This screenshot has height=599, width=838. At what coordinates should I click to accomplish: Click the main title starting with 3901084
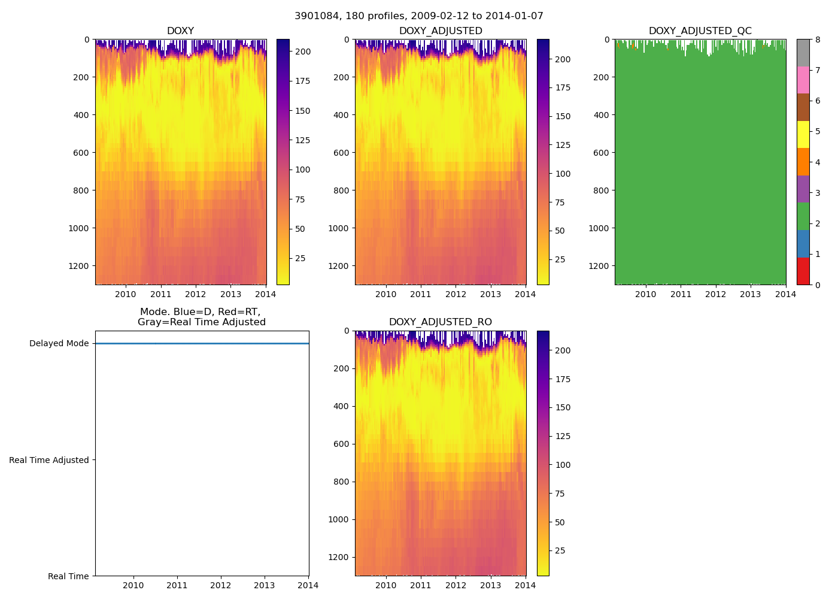coord(418,16)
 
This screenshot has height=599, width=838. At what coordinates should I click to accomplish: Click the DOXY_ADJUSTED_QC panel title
coord(700,31)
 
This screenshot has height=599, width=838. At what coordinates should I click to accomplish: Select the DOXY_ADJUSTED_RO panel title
coord(440,322)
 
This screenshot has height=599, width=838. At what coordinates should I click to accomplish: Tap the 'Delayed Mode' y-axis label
coord(59,343)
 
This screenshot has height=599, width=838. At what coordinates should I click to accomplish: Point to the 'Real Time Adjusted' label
coord(49,460)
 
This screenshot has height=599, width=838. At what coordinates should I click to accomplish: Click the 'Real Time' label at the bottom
coord(68,576)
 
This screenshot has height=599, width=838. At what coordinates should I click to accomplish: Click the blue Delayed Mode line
coord(202,343)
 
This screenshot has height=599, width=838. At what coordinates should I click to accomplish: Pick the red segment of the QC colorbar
coord(803,271)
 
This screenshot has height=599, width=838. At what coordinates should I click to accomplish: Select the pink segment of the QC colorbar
coord(803,80)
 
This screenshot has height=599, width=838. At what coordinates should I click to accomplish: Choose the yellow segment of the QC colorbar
coord(803,134)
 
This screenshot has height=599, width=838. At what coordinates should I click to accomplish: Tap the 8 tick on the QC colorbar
coord(818,40)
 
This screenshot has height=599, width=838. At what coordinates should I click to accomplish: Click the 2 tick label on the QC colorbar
coord(818,223)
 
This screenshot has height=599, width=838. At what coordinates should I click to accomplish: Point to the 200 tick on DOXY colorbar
coord(303,52)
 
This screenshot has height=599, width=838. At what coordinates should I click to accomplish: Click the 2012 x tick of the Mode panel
coord(221,585)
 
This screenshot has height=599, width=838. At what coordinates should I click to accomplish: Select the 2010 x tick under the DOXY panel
coord(126,294)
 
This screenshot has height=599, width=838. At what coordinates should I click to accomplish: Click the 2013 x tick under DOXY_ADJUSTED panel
coord(491,294)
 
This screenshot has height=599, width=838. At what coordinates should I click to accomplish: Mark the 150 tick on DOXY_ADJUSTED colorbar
coord(563,116)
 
